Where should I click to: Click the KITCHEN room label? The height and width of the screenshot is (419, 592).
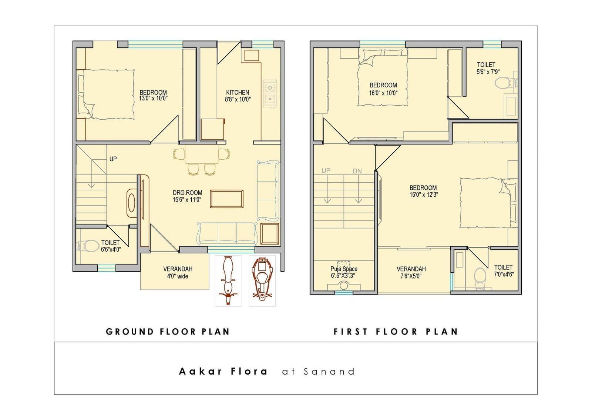point(237,92)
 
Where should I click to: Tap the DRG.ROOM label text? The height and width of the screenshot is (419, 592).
point(187,193)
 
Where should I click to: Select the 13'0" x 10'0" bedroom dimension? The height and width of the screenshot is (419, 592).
point(153,99)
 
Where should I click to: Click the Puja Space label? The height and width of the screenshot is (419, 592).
point(344,269)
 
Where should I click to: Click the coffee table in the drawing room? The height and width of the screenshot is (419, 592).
point(226,199)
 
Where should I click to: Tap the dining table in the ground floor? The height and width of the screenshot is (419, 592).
point(202,154)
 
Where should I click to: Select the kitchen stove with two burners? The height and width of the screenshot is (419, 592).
point(270,93)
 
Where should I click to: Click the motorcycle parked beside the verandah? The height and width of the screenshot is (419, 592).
point(228,280)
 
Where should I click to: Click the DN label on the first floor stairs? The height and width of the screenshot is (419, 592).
point(357,171)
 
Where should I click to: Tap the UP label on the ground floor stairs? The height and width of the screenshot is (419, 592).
point(113,159)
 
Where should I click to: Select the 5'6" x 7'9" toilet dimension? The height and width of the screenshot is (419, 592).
point(488,72)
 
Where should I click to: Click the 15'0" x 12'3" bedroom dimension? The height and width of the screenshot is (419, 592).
point(424,195)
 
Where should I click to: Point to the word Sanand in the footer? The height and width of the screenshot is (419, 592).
point(329,372)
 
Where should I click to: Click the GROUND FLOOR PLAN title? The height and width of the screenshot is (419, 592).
point(168,332)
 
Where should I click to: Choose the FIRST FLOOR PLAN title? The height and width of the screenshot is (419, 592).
point(396,332)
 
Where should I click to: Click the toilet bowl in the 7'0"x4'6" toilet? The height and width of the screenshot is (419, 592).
point(480,278)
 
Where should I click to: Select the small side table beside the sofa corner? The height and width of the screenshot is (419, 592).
point(270,234)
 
